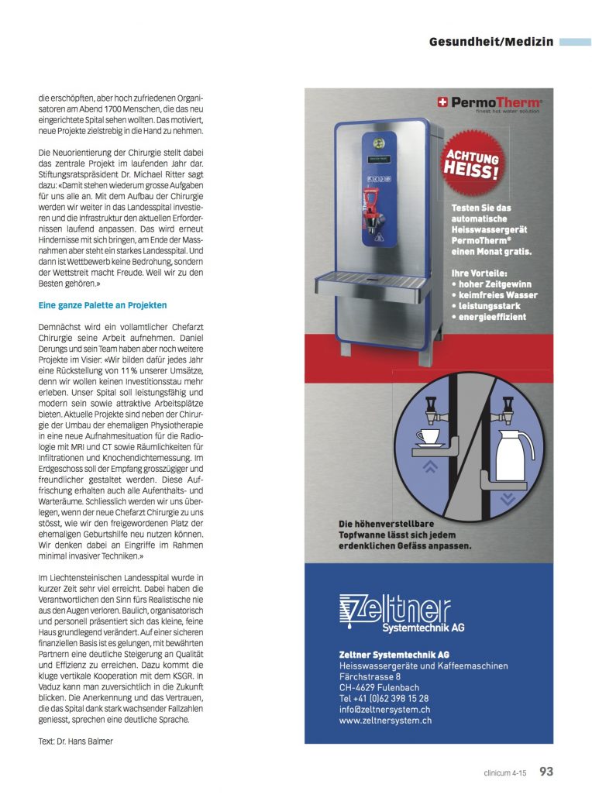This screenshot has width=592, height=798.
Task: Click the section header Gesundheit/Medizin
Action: click(491, 42)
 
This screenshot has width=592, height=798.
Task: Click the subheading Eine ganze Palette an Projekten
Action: click(103, 305)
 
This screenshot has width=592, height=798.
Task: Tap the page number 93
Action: click(546, 771)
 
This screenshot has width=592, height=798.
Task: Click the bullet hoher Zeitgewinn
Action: click(494, 284)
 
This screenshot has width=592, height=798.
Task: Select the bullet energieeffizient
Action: click(492, 317)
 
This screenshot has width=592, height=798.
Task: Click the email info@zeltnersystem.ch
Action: click(385, 709)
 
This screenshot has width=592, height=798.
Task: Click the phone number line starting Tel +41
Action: click(384, 698)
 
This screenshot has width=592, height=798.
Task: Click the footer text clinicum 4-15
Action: click(503, 772)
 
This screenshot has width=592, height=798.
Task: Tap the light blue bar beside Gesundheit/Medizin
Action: click(574, 42)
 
